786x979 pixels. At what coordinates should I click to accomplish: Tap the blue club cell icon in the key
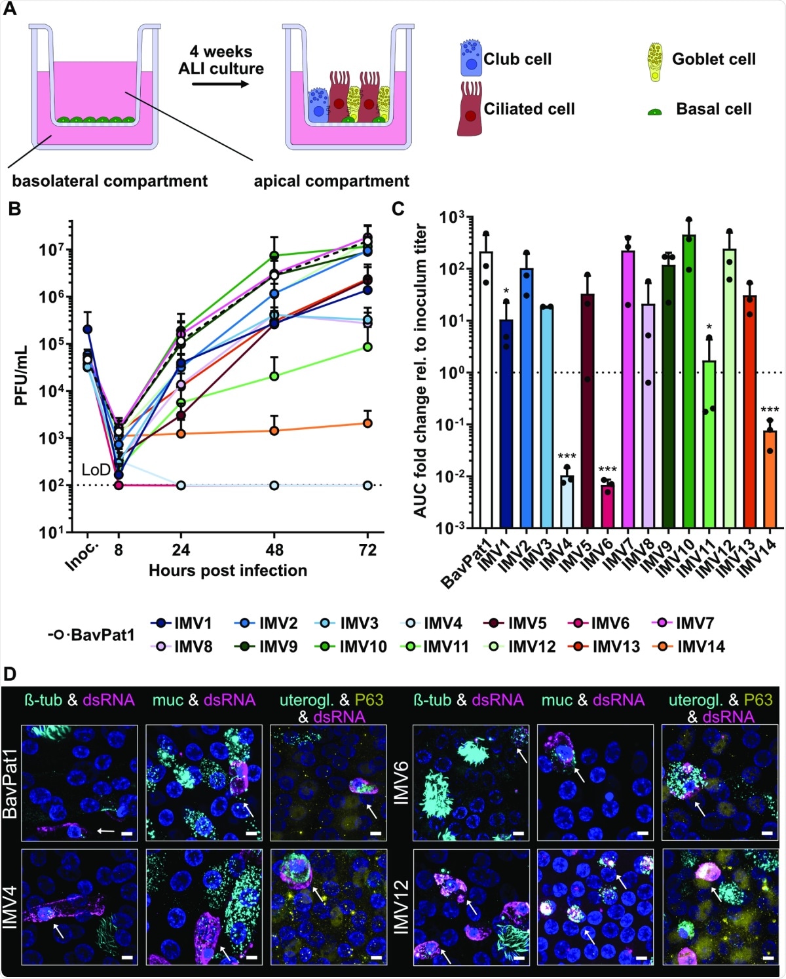coord(470,59)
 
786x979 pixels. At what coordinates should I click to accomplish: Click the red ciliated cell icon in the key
coord(470,109)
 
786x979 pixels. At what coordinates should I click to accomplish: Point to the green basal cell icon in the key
coord(655,112)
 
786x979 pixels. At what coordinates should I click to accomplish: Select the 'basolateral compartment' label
coord(109,181)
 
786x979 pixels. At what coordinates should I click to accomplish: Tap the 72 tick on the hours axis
coord(367,549)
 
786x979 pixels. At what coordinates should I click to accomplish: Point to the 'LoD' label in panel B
coord(96,469)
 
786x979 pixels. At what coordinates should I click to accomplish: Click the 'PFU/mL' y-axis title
coord(21,375)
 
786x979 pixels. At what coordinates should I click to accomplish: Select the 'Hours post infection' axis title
coord(227,571)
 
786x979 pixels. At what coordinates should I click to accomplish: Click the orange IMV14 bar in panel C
coord(770,478)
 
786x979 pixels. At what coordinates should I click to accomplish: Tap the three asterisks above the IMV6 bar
coord(607,470)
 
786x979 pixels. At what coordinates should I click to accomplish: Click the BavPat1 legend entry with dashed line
coord(91,634)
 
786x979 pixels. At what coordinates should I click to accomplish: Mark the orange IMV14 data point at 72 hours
coord(367,423)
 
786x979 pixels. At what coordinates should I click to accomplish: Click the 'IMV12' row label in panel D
coord(401,907)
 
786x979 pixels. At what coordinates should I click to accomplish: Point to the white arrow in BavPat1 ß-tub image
coord(105,831)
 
